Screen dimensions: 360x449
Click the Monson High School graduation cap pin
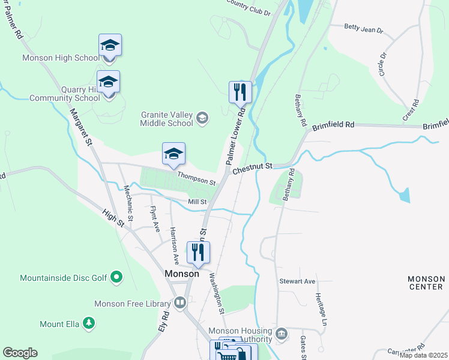pyautogui.click(x=110, y=46)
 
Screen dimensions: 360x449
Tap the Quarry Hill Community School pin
pyautogui.click(x=108, y=82)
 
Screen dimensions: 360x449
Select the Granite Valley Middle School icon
pyautogui.click(x=202, y=118)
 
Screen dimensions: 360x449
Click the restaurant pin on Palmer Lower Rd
pyautogui.click(x=240, y=92)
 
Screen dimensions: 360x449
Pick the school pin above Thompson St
pyautogui.click(x=173, y=154)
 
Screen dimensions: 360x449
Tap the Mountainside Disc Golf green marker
pyautogui.click(x=117, y=278)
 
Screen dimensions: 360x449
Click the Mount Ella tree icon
pyautogui.click(x=89, y=324)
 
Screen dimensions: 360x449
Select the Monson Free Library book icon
pyautogui.click(x=179, y=304)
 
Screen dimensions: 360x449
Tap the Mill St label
pyautogui.click(x=197, y=202)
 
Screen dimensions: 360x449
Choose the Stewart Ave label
pyautogui.click(x=297, y=281)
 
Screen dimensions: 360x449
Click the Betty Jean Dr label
pyautogui.click(x=363, y=27)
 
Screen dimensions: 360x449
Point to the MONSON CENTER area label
pyautogui.click(x=426, y=283)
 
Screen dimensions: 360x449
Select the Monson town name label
pyautogui.click(x=181, y=274)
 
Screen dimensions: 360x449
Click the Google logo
pyautogui.click(x=20, y=353)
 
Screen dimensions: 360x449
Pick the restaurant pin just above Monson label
pyautogui.click(x=198, y=252)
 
